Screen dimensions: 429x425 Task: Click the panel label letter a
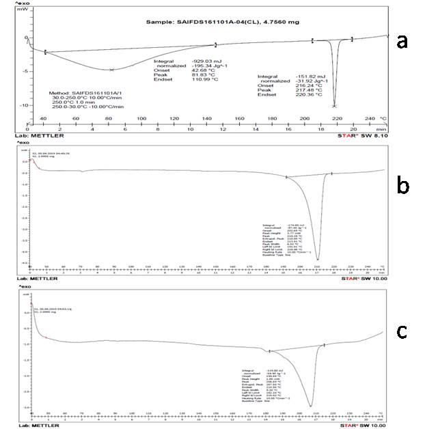click(402, 42)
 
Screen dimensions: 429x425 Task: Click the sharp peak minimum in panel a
click(334, 106)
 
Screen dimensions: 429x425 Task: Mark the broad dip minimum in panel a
click(111, 70)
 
